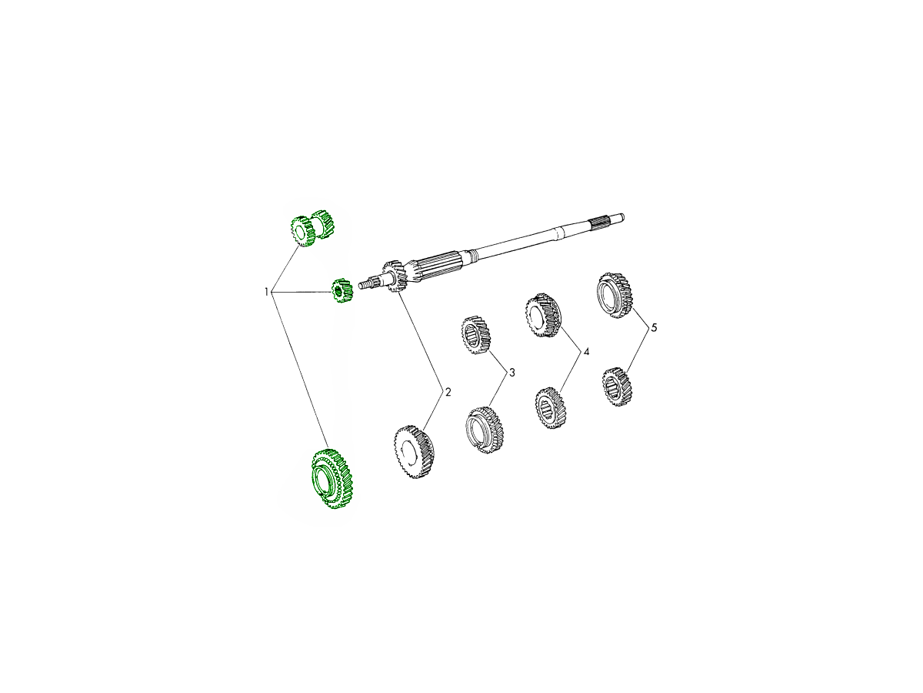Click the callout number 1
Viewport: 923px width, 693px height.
pyautogui.click(x=266, y=292)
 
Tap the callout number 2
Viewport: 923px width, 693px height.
pyautogui.click(x=448, y=392)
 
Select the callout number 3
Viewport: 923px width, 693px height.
pyautogui.click(x=511, y=373)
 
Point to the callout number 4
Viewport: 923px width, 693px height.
pyautogui.click(x=586, y=351)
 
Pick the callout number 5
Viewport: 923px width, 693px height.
pyautogui.click(x=654, y=328)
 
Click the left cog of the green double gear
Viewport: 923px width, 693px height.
pyautogui.click(x=303, y=232)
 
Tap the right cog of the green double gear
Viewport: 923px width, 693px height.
pyautogui.click(x=323, y=224)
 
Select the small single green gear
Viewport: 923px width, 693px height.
pyautogui.click(x=342, y=290)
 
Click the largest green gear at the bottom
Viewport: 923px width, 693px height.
pyautogui.click(x=332, y=479)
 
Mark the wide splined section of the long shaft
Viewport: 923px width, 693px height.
pyautogui.click(x=439, y=264)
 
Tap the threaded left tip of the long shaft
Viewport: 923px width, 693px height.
pyautogui.click(x=366, y=283)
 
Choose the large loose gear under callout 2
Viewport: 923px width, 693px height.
pyautogui.click(x=414, y=452)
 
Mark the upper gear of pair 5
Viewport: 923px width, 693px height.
pyautogui.click(x=615, y=295)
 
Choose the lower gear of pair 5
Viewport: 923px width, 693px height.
pyautogui.click(x=617, y=387)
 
